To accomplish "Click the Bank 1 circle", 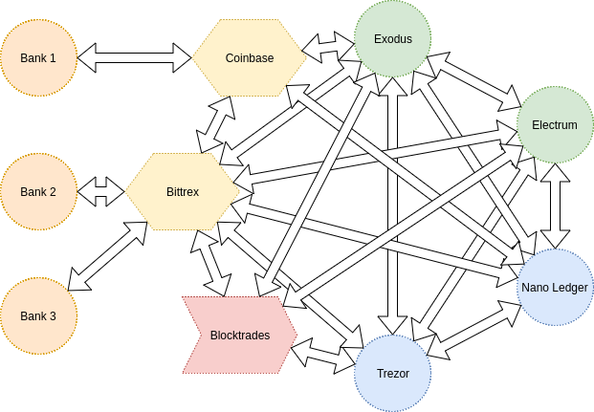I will pos(38,57).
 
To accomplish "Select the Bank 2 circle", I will pos(38,191).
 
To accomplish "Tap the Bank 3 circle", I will pos(38,316).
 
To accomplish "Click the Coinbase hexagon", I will pos(250,57).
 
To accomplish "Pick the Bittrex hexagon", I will pos(183,191).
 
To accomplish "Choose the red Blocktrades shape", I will pos(239,336).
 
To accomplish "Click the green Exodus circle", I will pos(392,39).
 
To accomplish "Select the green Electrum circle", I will pos(555,124).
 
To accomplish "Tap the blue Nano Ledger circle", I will pos(555,287).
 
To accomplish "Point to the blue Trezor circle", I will pos(392,373).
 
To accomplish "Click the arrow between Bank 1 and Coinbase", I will pos(135,57).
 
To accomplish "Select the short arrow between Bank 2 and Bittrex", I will pos(101,191).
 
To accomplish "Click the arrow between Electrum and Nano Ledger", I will pos(555,206).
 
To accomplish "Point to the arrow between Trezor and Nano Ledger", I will pos(473,322).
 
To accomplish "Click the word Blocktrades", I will pos(239,336).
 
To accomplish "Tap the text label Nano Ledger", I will pos(555,287).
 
